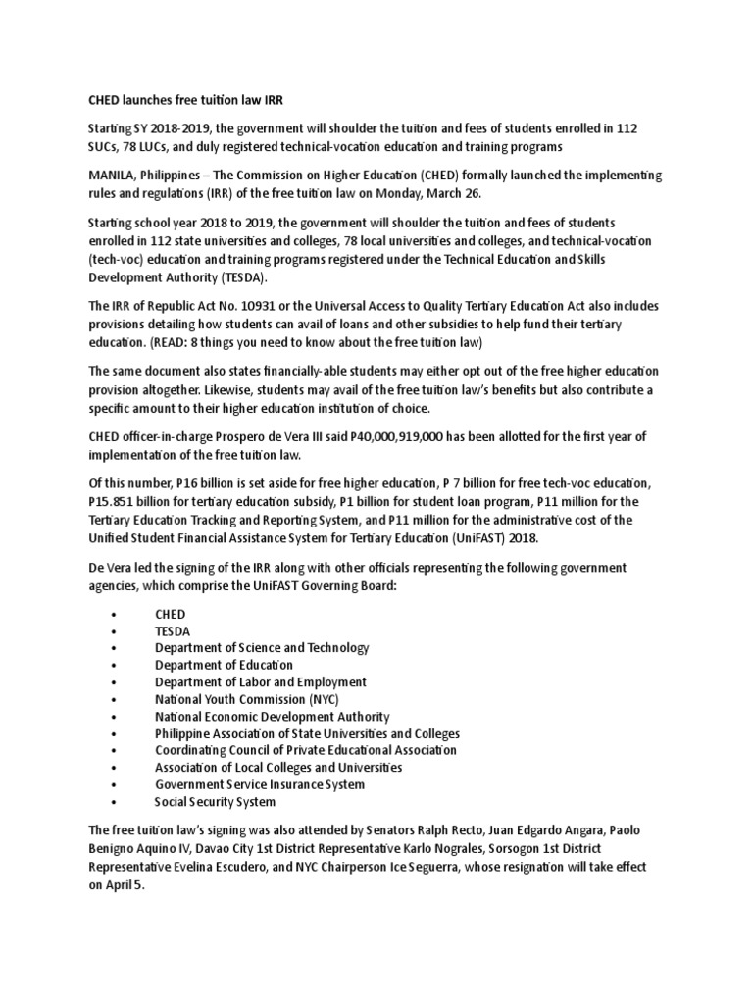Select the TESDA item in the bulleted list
(x=173, y=630)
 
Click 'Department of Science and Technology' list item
(x=262, y=648)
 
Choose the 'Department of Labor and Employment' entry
(x=261, y=681)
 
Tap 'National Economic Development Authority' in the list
(x=272, y=716)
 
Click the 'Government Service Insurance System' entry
(x=260, y=784)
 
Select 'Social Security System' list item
(x=216, y=801)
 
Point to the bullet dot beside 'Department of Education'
(x=115, y=665)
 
